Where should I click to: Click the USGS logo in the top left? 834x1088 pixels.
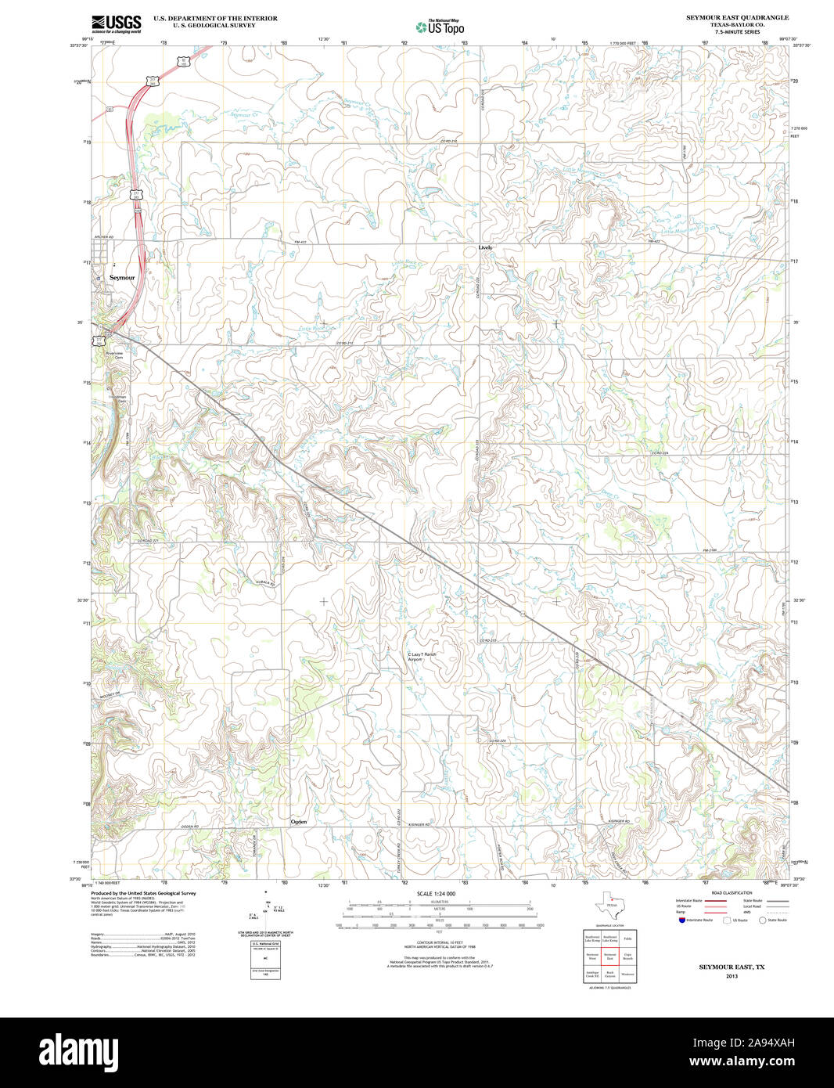tap(116, 23)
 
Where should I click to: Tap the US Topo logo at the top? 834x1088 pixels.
tap(440, 27)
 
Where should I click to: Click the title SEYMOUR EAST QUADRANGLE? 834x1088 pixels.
tap(726, 17)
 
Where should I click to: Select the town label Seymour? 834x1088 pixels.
tap(122, 278)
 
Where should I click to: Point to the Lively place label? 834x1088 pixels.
tap(485, 247)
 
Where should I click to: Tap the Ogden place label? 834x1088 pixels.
tap(299, 822)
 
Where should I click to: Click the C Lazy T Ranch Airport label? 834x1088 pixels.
tap(422, 657)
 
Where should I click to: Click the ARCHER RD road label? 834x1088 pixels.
tap(103, 236)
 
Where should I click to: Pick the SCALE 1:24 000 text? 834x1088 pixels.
tap(436, 894)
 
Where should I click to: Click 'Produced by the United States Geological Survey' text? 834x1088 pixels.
tap(143, 893)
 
